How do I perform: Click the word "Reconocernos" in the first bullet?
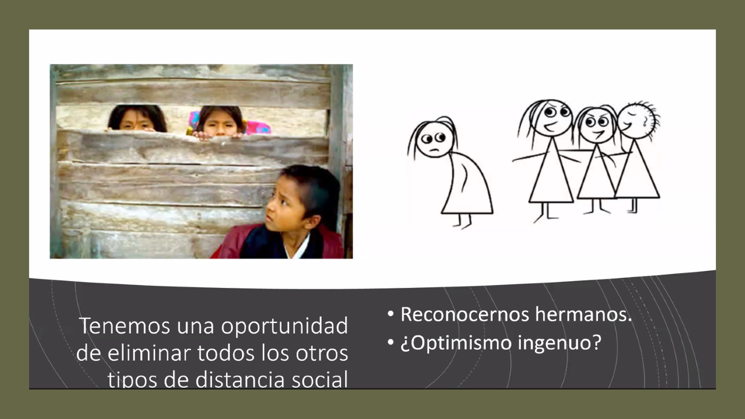coord(465,314)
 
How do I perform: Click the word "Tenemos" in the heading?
coord(125,326)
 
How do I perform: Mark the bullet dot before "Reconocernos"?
coord(391,314)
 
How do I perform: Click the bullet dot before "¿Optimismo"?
coord(391,343)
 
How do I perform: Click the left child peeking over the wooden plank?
coord(138,118)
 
